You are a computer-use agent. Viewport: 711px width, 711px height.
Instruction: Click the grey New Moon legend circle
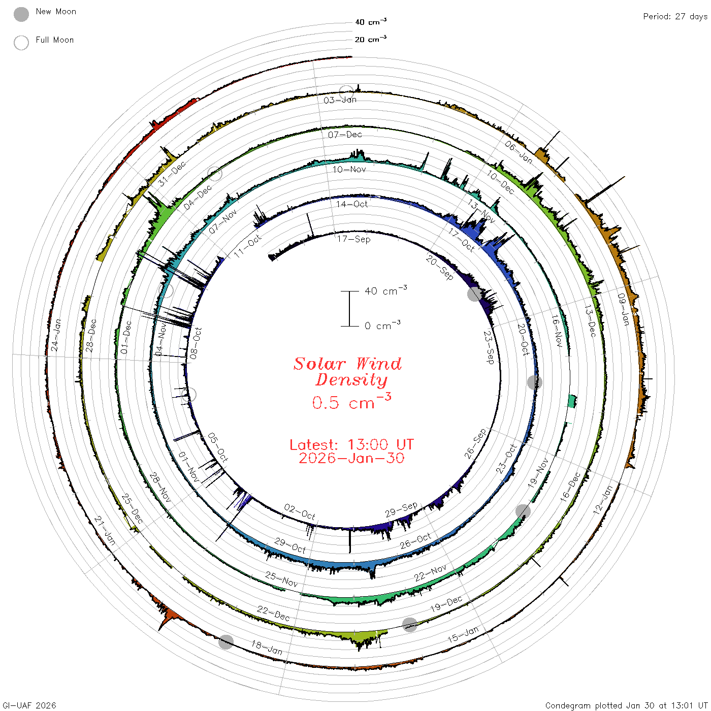coord(21,14)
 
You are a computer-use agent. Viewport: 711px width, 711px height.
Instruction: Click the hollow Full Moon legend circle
coord(21,43)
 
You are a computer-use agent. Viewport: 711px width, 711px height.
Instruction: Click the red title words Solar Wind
coord(347,364)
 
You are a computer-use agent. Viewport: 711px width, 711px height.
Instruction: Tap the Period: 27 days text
coord(675,17)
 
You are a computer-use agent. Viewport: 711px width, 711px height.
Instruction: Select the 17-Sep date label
coord(353,239)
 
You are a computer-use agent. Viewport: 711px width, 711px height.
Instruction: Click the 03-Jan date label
coord(340,100)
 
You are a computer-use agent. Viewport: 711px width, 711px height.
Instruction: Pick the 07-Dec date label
coord(345,135)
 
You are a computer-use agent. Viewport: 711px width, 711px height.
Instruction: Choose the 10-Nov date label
coord(349,169)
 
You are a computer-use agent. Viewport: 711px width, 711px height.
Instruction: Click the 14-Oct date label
coord(351,204)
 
